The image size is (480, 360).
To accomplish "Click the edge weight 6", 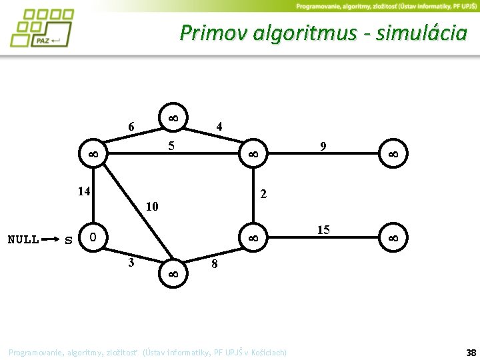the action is (x=131, y=127).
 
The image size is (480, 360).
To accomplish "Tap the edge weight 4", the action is (x=219, y=126).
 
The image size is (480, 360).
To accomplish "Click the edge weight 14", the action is (x=83, y=192).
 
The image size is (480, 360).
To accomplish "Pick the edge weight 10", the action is (x=152, y=206).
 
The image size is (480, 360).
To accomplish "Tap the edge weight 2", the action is (x=264, y=194).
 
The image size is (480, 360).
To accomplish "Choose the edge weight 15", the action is (x=323, y=230).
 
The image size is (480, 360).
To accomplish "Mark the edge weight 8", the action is (x=214, y=265).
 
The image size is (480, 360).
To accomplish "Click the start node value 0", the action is (x=93, y=237).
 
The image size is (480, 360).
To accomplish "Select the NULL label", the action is (x=23, y=239).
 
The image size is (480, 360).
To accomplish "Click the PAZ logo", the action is (x=41, y=27).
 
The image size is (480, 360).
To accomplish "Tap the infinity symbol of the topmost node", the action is (x=172, y=117).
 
